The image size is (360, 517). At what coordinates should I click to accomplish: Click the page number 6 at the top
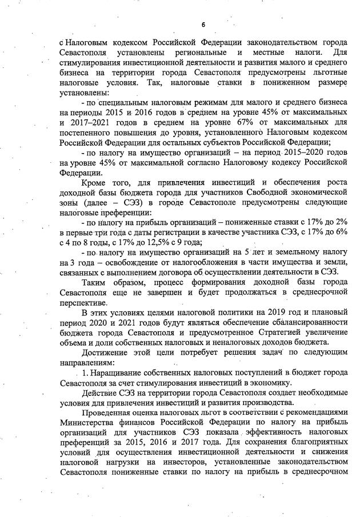[x=203, y=25]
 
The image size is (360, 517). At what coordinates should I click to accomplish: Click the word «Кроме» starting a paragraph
[x=95, y=183]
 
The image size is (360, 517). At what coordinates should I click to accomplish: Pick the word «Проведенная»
[x=107, y=412]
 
